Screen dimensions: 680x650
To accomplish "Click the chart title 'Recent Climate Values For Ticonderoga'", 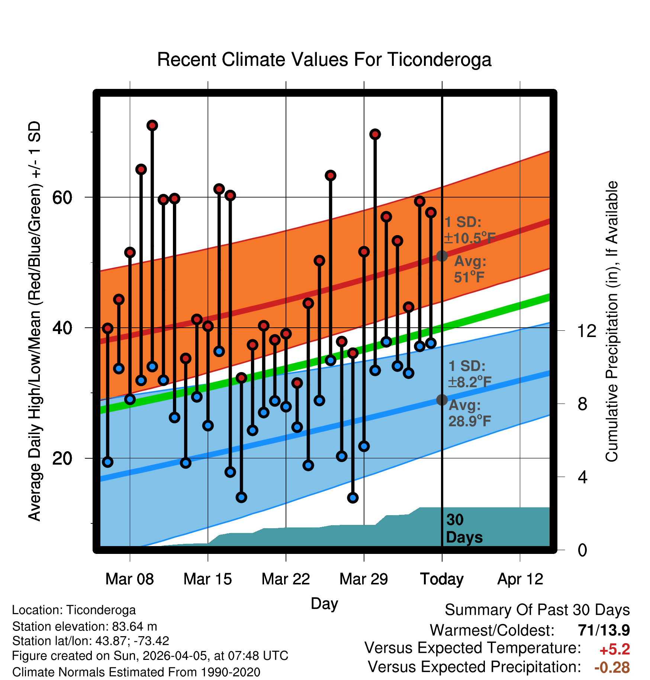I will click(x=324, y=60).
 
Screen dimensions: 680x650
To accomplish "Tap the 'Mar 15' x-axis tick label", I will click(x=207, y=579).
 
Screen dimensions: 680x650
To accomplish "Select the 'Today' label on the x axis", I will click(x=442, y=579).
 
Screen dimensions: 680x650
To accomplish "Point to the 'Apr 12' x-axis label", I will click(x=520, y=579).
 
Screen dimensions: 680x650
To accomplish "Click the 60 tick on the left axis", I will click(x=62, y=198).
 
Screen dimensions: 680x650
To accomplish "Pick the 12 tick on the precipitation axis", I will click(x=587, y=331).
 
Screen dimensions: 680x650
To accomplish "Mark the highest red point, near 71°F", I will click(x=152, y=125).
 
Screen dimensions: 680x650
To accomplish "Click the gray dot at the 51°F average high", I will click(x=442, y=256).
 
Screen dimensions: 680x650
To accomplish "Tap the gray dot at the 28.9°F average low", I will click(x=442, y=400).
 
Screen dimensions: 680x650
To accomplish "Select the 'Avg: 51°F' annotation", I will click(x=470, y=269).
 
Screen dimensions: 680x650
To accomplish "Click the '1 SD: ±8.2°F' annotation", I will click(x=469, y=374).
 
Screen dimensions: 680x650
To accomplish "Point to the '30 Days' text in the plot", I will click(x=464, y=529).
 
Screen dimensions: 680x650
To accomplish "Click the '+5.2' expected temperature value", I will click(x=615, y=649).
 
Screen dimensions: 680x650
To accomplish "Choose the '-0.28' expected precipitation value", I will click(x=612, y=667).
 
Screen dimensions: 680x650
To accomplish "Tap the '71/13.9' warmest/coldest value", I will click(x=604, y=630).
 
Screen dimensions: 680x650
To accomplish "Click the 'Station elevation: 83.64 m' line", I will click(x=85, y=626).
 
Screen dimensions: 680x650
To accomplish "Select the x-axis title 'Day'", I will click(x=324, y=603).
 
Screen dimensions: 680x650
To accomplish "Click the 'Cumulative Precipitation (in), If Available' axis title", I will click(x=612, y=321).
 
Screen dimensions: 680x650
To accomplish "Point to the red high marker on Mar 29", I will click(x=364, y=252).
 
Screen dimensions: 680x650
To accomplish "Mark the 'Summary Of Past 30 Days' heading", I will click(x=537, y=610).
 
